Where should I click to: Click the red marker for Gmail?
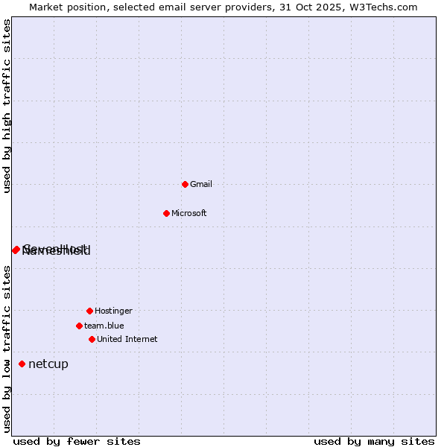185,184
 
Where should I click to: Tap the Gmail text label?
201,185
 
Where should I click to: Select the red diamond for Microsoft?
166,213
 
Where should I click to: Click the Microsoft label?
189,214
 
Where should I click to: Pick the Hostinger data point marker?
89,311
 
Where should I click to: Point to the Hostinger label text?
113,311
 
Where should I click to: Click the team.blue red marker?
79,326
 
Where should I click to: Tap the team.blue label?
104,326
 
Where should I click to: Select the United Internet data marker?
92,339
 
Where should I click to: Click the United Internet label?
127,340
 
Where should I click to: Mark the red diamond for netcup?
22,364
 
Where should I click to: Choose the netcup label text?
48,364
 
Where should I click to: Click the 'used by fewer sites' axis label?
77,442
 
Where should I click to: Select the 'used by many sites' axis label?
374,442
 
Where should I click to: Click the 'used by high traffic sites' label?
7,106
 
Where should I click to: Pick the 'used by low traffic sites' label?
7,349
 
